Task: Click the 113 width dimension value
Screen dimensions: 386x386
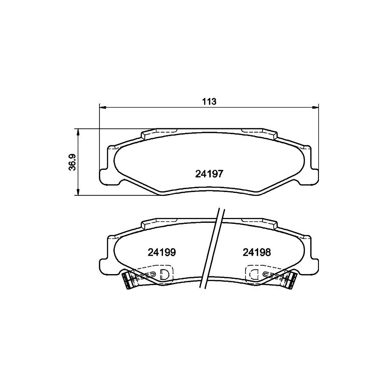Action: tap(209, 101)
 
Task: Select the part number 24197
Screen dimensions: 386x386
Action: tap(209, 174)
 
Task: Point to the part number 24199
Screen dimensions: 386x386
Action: tap(162, 252)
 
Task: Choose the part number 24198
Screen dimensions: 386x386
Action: tap(257, 252)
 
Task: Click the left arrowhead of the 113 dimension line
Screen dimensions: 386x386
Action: tap(102, 107)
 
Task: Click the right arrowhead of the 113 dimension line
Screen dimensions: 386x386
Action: tap(316, 107)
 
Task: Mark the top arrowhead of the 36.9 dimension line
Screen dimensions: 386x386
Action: tap(78, 132)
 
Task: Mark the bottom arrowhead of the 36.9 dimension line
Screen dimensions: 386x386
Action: tap(78, 192)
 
